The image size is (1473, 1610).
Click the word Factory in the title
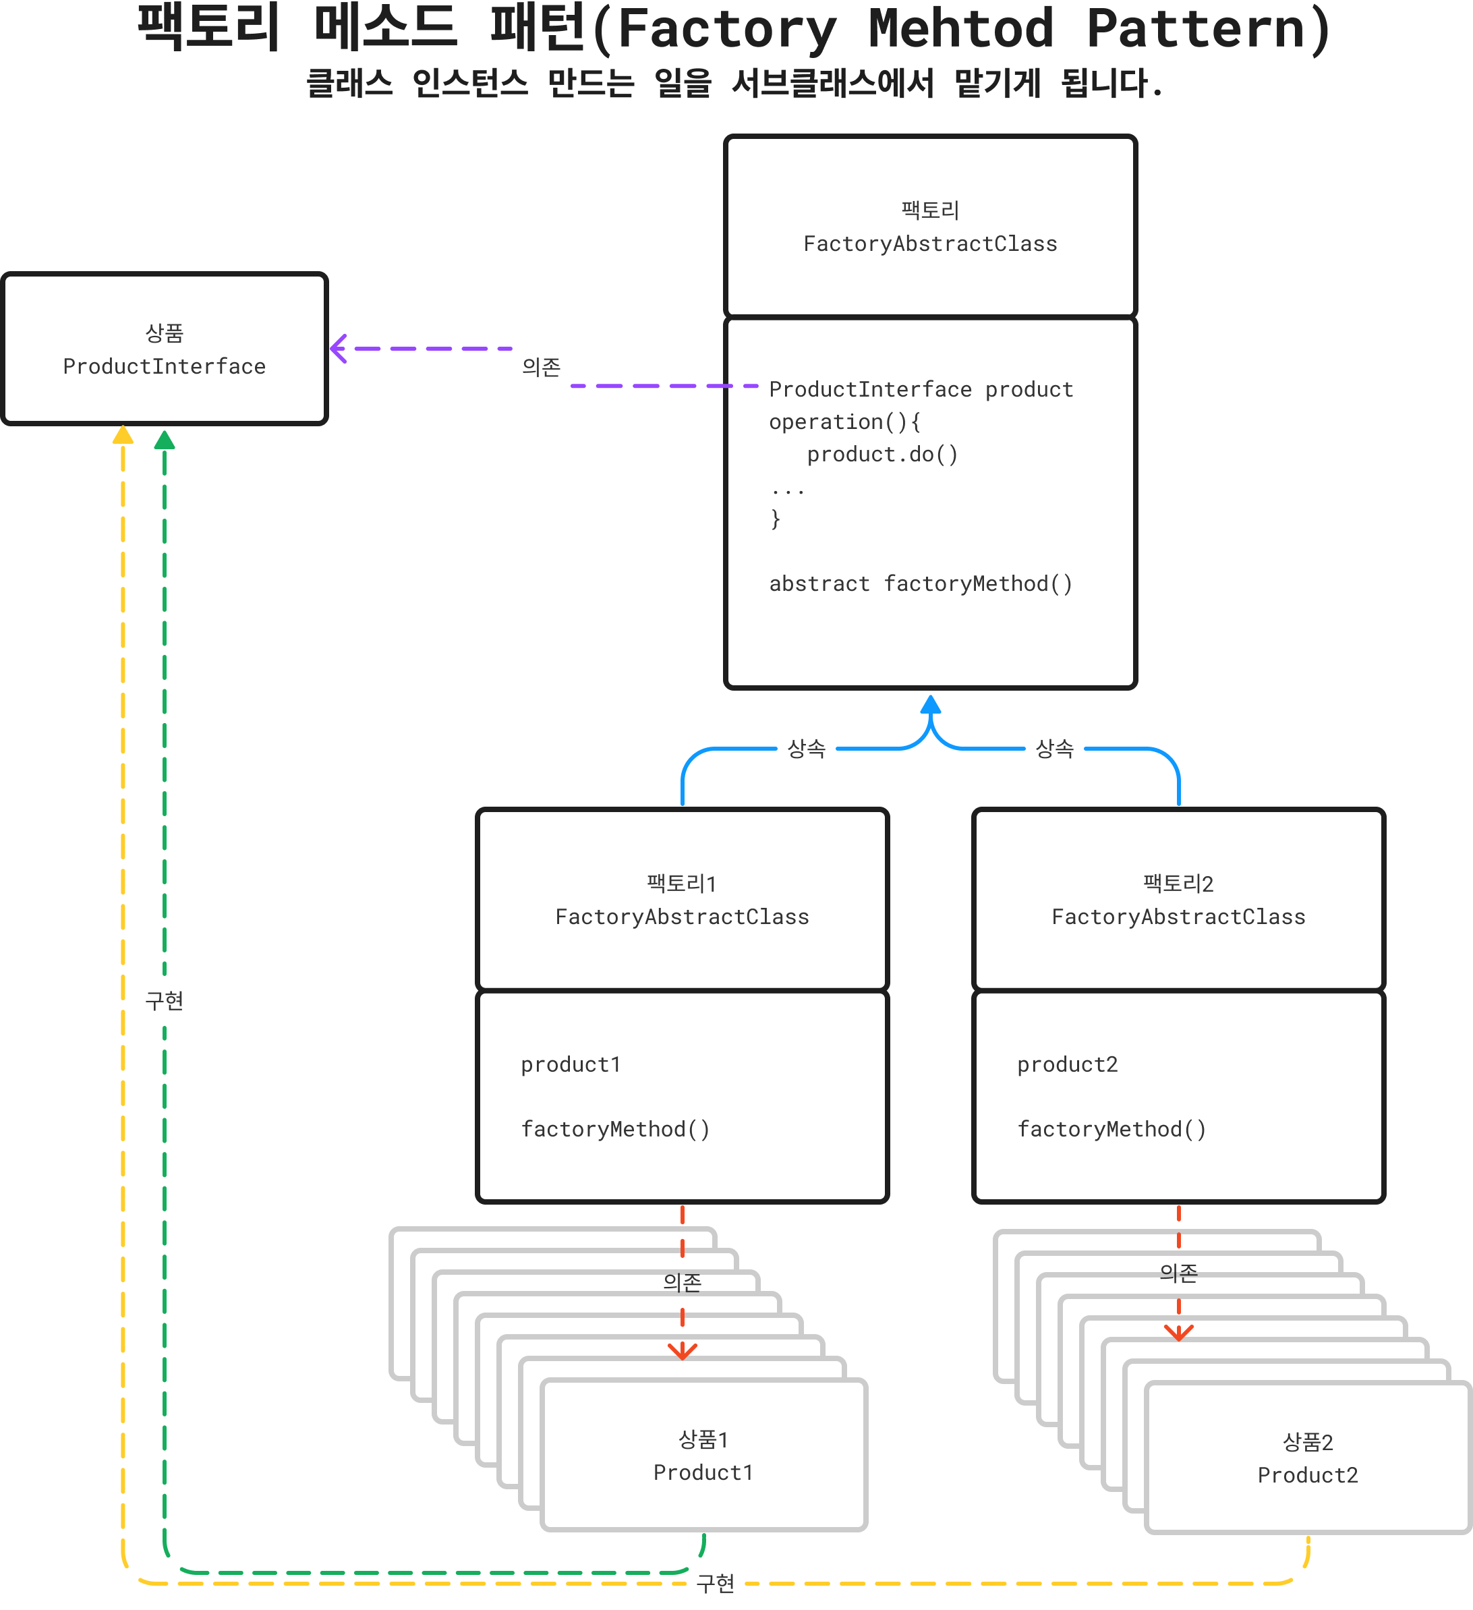tap(726, 29)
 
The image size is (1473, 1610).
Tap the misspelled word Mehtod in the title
tap(960, 29)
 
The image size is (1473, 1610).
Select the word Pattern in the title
tap(1195, 29)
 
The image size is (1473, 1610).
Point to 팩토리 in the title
tap(208, 26)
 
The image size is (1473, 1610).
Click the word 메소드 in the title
tap(385, 26)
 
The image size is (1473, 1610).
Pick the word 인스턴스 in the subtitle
tap(470, 83)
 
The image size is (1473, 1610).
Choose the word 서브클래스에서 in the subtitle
tap(833, 83)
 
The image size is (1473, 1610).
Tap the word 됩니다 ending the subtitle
tap(1104, 83)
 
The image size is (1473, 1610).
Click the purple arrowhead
tap(339, 349)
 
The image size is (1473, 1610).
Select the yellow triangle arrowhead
tap(123, 435)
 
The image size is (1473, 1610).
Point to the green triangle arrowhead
tap(165, 440)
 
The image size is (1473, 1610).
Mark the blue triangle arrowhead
tap(931, 704)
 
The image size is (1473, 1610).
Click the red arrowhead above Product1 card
tap(683, 1351)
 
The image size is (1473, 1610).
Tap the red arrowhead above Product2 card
tap(1178, 1332)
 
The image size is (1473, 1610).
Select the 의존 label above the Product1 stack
tap(683, 1283)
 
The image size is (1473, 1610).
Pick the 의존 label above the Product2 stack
tap(1178, 1273)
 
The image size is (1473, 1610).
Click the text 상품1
tap(703, 1440)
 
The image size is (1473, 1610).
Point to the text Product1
tap(703, 1472)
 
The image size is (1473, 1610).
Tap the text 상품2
tap(1308, 1442)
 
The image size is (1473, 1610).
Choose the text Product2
tap(1308, 1475)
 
